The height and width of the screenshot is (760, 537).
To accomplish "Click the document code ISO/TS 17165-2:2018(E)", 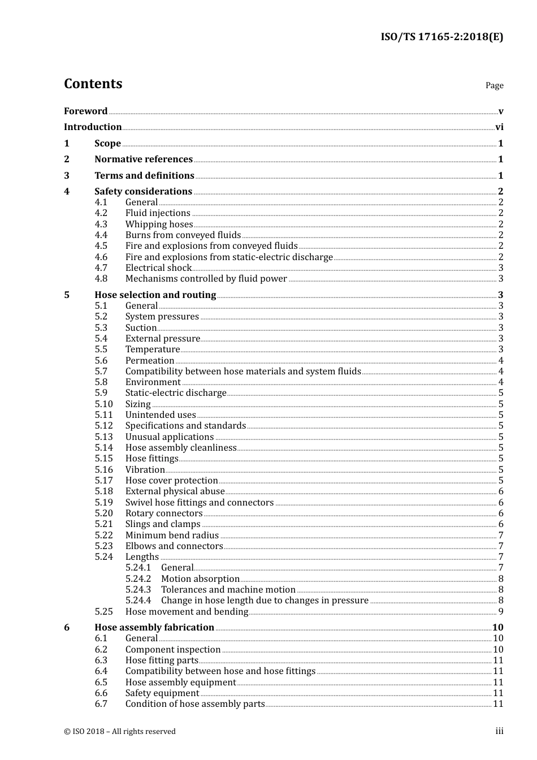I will coord(441,37).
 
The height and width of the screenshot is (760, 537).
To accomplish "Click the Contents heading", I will coord(93,84).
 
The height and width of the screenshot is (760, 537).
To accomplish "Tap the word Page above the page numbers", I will coord(494,85).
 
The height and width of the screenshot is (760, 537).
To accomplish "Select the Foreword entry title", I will coord(85,111).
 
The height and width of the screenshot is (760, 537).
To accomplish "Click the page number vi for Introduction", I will coord(499,127).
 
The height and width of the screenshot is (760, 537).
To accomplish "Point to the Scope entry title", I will coord(107,144).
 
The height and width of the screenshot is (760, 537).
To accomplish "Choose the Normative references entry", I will coord(144,159).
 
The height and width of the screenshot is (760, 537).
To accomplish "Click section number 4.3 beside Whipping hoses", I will coord(101,224).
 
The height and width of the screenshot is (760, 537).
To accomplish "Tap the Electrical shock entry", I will coord(158,268).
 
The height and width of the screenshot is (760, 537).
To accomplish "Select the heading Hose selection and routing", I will coord(155,295).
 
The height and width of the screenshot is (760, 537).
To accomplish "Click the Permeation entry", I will coord(150,361).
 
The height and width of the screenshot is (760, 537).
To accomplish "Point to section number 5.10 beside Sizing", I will coord(103,404).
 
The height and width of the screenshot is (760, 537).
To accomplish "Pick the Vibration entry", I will coord(145,470).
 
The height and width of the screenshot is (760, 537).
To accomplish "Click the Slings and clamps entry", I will coord(163,524).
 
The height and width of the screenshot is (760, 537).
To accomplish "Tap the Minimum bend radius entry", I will coord(172,536).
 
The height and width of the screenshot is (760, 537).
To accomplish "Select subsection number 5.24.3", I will coord(138,590).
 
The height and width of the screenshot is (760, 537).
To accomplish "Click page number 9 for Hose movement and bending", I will coord(501,612).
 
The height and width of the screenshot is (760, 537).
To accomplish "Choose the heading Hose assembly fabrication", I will coord(154,628).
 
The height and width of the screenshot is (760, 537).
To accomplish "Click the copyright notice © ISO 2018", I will coord(119,732).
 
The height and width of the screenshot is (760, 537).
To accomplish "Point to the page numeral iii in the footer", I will coord(499,731).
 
